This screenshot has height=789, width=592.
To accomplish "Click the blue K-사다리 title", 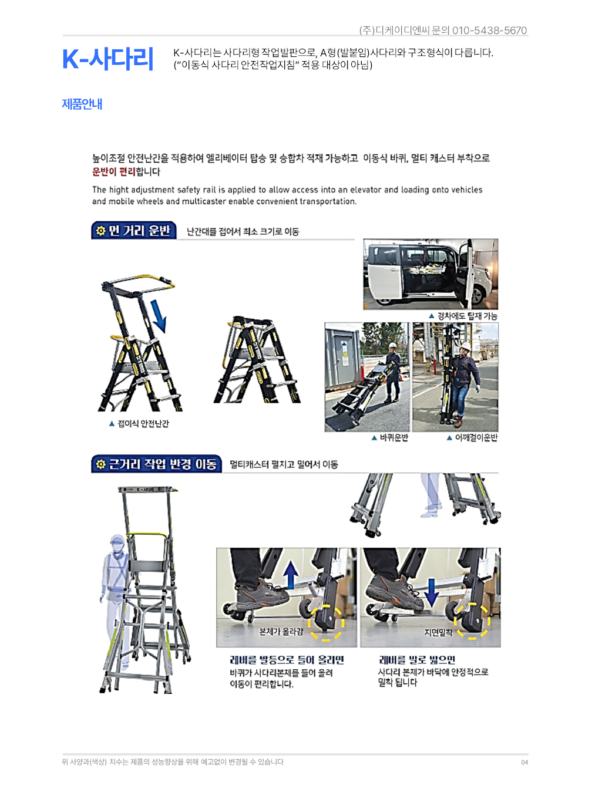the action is point(108,59).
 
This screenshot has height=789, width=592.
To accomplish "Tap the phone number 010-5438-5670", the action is point(489,31).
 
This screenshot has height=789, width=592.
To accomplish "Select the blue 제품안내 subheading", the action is point(82,104).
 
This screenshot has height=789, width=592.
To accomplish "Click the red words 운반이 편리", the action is point(113,171).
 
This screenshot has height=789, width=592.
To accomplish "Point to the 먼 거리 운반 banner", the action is point(134,230).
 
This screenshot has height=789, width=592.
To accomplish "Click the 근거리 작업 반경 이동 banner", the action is point(156,464).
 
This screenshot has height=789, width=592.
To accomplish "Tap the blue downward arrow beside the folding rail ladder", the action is point(159,316).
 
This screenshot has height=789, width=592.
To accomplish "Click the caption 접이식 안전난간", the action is point(143,423).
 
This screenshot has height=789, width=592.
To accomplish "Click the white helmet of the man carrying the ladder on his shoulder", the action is point(466,346).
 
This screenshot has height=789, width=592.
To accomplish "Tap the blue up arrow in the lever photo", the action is point(291,575).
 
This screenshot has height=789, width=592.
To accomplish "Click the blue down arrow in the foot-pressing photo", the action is point(431,593).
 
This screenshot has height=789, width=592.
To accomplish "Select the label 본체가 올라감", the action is point(281,632).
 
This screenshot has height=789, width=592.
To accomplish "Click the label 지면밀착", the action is point(438,632).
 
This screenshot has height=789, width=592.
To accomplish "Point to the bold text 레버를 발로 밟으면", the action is point(417,660).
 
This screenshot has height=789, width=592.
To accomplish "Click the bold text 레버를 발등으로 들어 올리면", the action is point(287,660).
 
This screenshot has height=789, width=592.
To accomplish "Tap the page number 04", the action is point(524,763).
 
